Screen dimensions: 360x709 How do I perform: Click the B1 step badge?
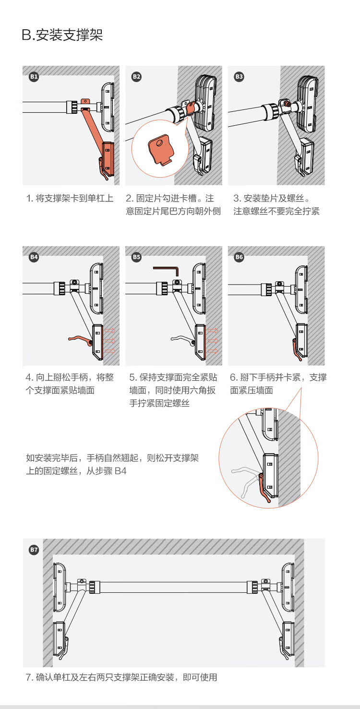click(x=34, y=77)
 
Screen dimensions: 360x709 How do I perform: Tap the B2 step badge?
click(x=136, y=77)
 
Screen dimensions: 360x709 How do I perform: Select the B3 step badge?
click(x=239, y=77)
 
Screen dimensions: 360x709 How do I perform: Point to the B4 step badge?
click(x=34, y=257)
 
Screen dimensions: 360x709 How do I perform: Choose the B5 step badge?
click(x=136, y=257)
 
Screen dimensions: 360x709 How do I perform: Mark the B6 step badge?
click(x=239, y=257)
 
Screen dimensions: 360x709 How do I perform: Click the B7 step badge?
click(x=34, y=550)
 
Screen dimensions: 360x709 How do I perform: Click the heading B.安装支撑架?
click(x=62, y=35)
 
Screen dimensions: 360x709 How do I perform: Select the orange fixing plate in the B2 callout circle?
click(x=161, y=150)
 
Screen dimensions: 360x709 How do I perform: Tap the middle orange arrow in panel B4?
click(x=110, y=341)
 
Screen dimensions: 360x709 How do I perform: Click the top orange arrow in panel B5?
click(x=213, y=331)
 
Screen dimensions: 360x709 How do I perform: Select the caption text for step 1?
click(x=70, y=198)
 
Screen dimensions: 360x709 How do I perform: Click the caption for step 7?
click(x=121, y=677)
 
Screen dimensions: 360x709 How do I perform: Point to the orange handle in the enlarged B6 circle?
click(x=263, y=487)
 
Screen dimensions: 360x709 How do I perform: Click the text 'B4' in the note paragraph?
click(x=120, y=471)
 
